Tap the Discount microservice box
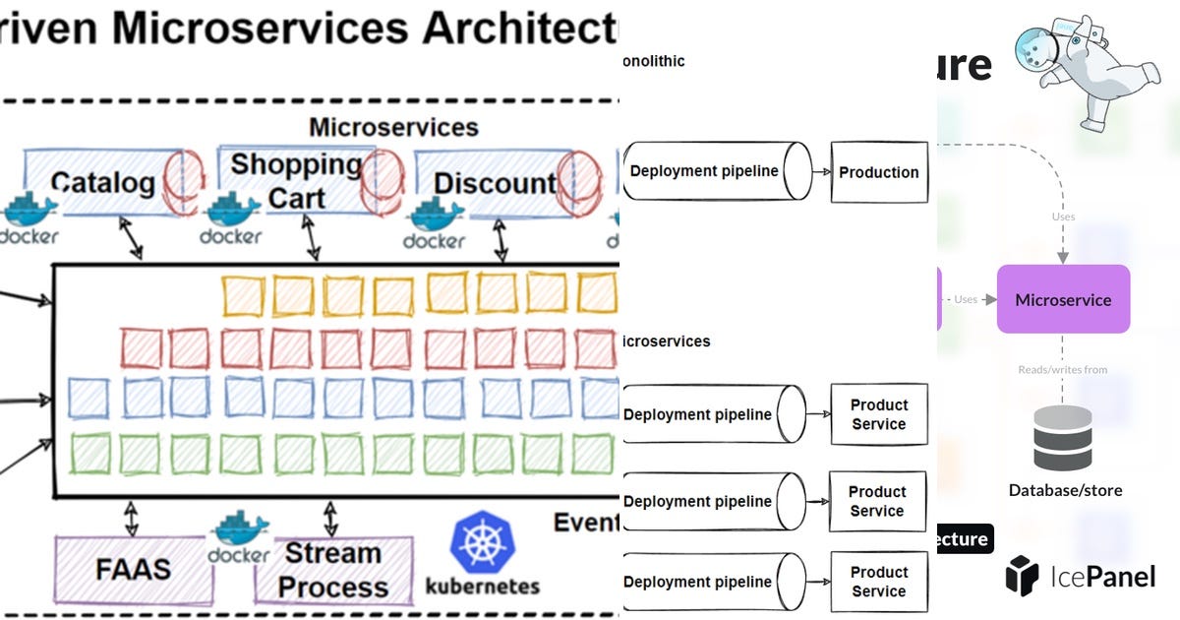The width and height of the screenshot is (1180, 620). (x=492, y=183)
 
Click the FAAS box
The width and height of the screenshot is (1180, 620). (x=133, y=569)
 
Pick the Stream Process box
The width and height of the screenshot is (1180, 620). (x=332, y=571)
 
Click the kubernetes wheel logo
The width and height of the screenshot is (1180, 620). (x=482, y=542)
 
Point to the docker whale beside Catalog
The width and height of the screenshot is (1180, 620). (x=29, y=209)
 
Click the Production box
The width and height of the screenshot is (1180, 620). (x=878, y=172)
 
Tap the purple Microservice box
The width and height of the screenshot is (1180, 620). (x=1062, y=299)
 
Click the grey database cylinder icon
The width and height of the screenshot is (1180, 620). (x=1062, y=438)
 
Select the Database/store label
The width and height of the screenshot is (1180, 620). (x=1065, y=489)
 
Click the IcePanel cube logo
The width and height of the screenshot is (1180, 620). (x=1023, y=575)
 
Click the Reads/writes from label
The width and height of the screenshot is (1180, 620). (x=1062, y=370)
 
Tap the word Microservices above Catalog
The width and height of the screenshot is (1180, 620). (x=393, y=127)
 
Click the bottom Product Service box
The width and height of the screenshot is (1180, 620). (x=878, y=582)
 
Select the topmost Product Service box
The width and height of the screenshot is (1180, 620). (x=878, y=414)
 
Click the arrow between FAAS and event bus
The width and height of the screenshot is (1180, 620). (x=129, y=516)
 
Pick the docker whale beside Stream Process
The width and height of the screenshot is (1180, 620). (x=239, y=531)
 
